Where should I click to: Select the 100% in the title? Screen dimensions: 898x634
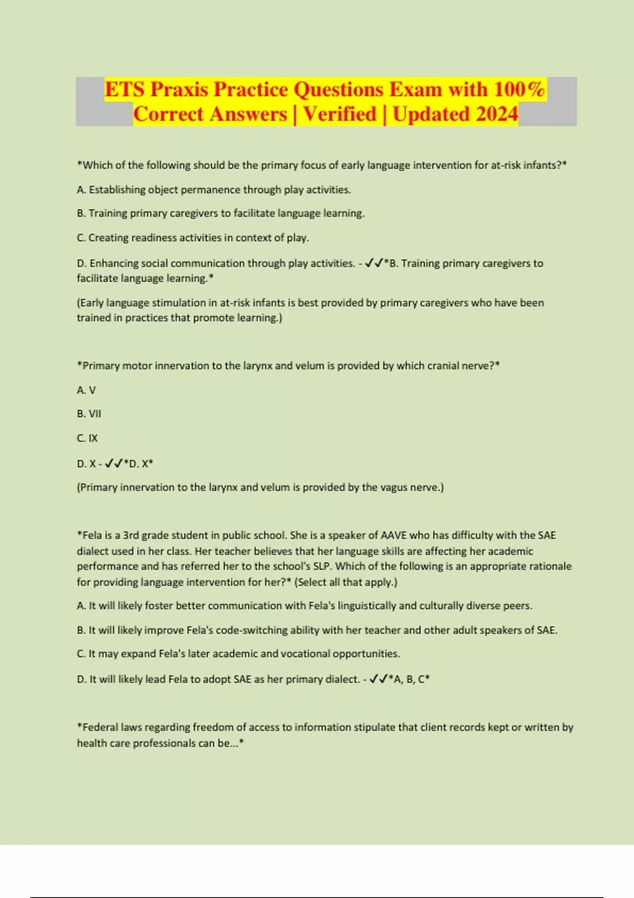pyautogui.click(x=519, y=89)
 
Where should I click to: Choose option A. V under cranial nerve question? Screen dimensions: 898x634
pyautogui.click(x=86, y=390)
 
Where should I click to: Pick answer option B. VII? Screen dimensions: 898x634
pyautogui.click(x=89, y=414)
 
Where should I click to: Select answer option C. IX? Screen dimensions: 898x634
pyautogui.click(x=87, y=438)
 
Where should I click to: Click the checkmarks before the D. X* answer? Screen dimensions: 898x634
pyautogui.click(x=114, y=464)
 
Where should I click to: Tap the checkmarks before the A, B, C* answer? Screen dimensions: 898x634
pyautogui.click(x=379, y=679)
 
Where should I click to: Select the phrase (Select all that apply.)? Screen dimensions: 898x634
pyautogui.click(x=346, y=582)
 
